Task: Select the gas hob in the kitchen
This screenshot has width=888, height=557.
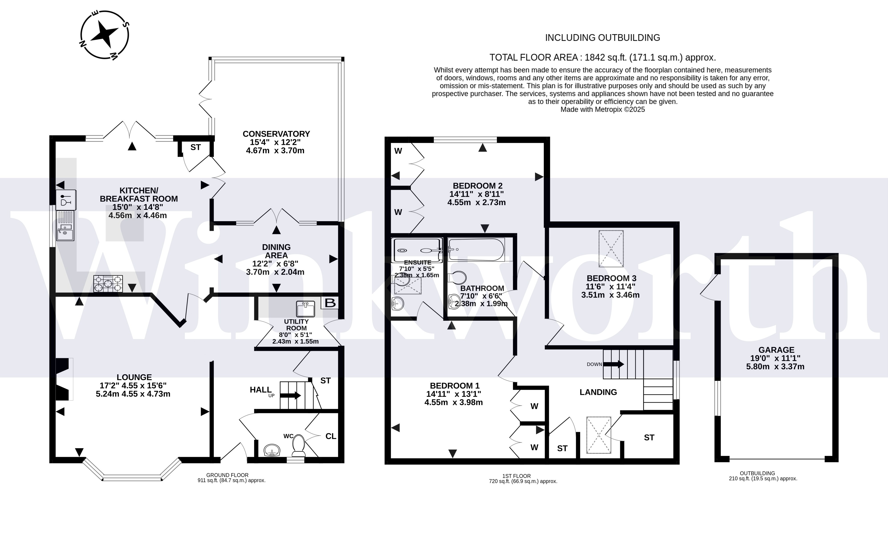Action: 108,284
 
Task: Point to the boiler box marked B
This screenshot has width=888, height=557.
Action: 330,303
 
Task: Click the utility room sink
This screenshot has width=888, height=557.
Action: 306,309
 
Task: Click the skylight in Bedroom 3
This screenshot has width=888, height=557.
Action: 611,249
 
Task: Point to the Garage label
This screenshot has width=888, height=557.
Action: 776,350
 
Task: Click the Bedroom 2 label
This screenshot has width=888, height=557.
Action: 478,186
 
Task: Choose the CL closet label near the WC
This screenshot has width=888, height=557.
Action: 331,436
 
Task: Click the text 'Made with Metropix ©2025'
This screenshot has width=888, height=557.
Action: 603,109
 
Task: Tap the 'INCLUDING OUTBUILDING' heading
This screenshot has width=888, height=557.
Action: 603,38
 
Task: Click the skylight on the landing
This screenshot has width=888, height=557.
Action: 599,435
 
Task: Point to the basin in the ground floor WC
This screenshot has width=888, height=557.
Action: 272,450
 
